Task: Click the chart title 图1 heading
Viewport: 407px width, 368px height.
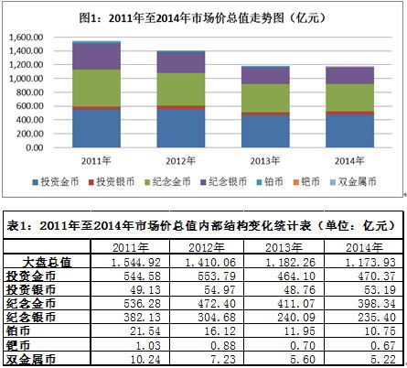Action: [x=203, y=16]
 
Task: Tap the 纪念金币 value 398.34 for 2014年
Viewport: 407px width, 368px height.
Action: [x=358, y=303]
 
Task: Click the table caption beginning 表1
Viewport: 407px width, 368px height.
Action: [x=203, y=224]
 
